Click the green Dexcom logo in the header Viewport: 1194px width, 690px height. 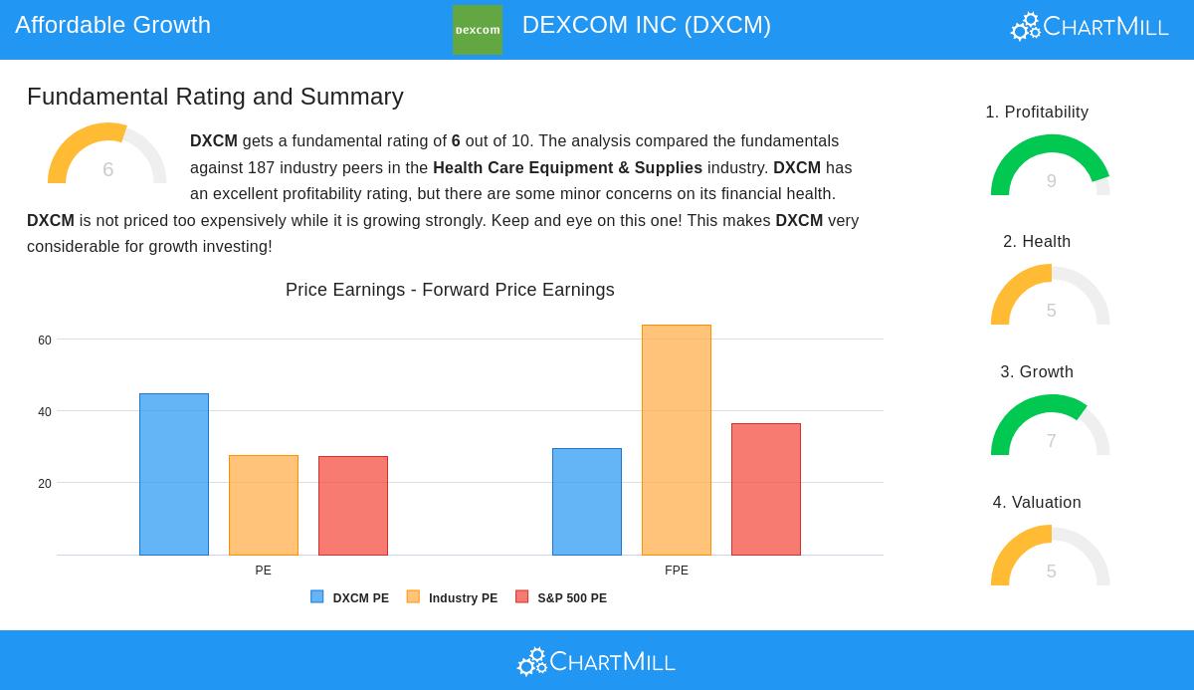(x=477, y=30)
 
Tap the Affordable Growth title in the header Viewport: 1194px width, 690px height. (x=113, y=25)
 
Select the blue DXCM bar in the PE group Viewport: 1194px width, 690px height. (x=174, y=474)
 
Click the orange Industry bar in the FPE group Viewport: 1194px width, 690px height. (x=677, y=440)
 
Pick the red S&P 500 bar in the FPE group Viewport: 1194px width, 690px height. (x=766, y=489)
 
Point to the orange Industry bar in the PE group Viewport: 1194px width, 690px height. (x=264, y=505)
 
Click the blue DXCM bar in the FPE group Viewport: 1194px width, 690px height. (x=587, y=502)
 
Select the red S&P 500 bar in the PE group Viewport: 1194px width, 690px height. (x=353, y=506)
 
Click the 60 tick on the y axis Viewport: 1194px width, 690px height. (x=45, y=341)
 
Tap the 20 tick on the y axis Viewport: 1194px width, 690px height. (x=45, y=484)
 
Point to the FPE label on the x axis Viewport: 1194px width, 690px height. (x=677, y=571)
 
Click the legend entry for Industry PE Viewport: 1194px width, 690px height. (x=452, y=597)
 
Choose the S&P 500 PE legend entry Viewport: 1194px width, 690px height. (x=561, y=597)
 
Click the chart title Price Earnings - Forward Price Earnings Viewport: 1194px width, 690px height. (x=450, y=290)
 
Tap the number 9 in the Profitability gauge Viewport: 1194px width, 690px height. (x=1051, y=181)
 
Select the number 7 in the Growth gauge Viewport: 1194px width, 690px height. (x=1051, y=441)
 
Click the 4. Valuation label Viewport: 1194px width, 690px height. (x=1037, y=502)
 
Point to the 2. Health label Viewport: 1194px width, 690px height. (x=1037, y=242)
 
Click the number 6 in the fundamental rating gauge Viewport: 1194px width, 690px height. (x=107, y=169)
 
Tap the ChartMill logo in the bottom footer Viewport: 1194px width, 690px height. (x=596, y=662)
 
